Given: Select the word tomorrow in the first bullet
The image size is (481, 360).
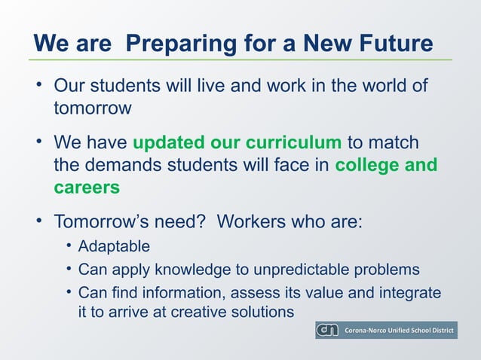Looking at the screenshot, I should (92, 108).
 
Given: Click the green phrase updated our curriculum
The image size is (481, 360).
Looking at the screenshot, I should (237, 142).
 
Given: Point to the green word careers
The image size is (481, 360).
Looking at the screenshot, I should (87, 187).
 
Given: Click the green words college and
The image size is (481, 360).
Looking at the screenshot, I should (386, 164).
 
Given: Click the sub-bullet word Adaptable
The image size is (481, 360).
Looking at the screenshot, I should (114, 246).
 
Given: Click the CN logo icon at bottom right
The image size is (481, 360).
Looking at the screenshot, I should (327, 331).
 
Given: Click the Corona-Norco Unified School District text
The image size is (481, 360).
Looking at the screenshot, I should (399, 331).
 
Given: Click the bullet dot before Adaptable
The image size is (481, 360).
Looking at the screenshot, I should (69, 246).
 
